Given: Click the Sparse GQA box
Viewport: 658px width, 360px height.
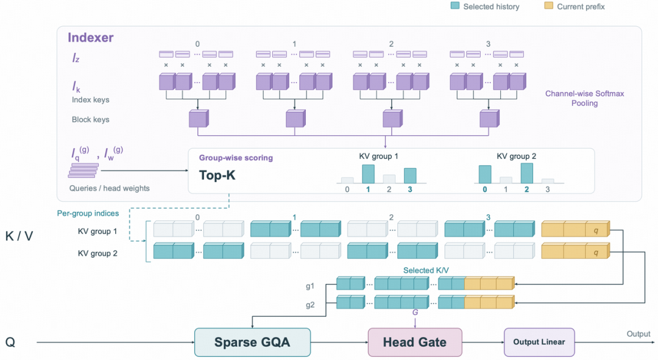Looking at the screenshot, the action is tap(252, 342).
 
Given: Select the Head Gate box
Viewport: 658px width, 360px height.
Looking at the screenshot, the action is tap(415, 342).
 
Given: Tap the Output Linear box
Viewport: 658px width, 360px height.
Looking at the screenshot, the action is tap(539, 342).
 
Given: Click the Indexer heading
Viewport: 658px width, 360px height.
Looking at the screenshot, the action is tap(91, 37).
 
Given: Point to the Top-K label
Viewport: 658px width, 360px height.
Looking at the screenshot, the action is tap(217, 175).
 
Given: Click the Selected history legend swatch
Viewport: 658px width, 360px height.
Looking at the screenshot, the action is tap(455, 6).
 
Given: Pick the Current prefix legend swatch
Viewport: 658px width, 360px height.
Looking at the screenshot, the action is tap(548, 6).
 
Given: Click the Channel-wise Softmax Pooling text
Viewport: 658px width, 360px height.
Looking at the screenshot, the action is tap(584, 98).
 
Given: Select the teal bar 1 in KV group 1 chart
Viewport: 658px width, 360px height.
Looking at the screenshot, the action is tap(368, 174).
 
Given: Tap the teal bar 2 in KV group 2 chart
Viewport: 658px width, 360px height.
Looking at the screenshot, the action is tap(526, 173).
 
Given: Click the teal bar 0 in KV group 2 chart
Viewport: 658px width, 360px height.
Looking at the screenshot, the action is tap(485, 174).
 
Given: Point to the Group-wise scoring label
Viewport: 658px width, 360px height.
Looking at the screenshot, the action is tap(236, 158).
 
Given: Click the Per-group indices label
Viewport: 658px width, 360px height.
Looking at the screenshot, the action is tap(88, 213).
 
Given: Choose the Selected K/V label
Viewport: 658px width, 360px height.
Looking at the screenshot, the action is tap(426, 270).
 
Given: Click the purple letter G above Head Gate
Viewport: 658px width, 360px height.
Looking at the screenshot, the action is tap(415, 312).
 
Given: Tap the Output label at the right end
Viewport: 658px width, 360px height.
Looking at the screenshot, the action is tap(639, 334).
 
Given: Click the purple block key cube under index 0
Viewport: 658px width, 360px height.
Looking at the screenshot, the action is tap(199, 118).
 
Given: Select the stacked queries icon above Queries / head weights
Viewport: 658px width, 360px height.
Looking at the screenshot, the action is tap(84, 171).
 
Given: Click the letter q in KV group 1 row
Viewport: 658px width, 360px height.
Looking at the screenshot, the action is tap(596, 230).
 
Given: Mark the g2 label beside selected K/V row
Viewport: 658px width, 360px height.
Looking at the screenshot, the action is tap(310, 305).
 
